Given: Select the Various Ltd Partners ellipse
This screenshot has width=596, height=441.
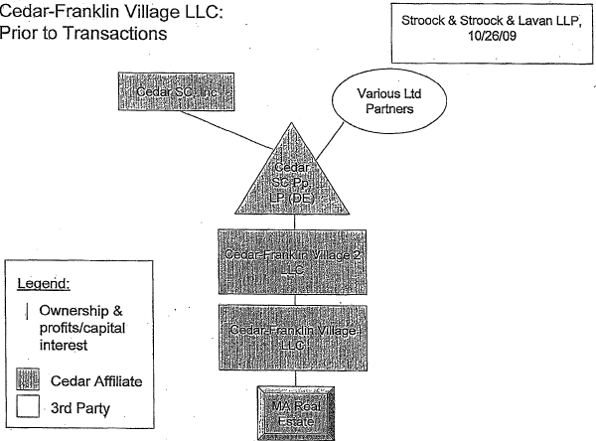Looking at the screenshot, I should coord(376,101).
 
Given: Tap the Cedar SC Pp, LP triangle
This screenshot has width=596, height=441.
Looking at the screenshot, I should coord(283,179).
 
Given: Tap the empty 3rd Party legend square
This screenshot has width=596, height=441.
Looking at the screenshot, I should coord(32,406).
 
